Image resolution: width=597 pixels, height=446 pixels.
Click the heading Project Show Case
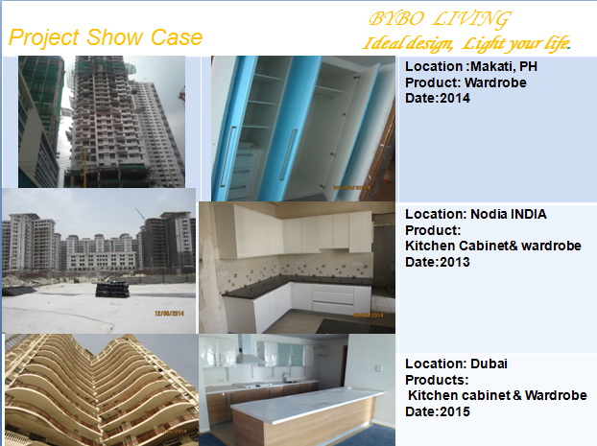coord(105,38)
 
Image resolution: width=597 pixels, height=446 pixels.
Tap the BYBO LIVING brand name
coord(440,19)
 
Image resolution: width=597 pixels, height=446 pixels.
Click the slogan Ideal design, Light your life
coord(466,43)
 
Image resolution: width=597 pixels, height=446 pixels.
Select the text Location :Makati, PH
coord(471,66)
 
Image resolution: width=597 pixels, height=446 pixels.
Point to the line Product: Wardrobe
coord(466,82)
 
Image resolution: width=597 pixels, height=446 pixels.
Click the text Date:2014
coord(438,98)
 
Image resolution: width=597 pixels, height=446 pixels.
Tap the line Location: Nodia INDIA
coord(475,214)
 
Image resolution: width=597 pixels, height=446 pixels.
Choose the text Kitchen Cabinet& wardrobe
coord(493,246)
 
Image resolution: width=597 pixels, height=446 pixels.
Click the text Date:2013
coord(438,262)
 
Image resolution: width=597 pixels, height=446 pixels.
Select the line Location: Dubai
coord(456,364)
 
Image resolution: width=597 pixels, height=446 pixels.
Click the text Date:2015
coord(438,411)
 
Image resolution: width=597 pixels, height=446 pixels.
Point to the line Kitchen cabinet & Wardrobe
coord(497,395)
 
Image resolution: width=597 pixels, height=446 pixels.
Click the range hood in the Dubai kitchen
coord(251,353)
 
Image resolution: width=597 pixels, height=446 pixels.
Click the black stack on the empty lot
coord(112,289)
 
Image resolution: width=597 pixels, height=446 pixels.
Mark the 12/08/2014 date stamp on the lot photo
coord(170,314)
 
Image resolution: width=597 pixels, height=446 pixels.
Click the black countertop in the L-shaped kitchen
coord(294,285)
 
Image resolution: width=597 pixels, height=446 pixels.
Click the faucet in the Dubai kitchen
coord(285,377)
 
